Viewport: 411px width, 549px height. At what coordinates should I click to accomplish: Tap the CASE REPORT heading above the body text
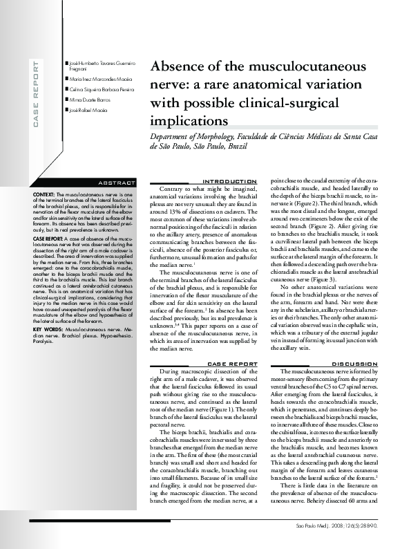tap(232, 363)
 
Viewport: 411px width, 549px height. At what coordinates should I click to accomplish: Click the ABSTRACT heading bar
tap(117, 183)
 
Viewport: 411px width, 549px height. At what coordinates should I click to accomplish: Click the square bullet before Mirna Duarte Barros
tap(66, 100)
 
